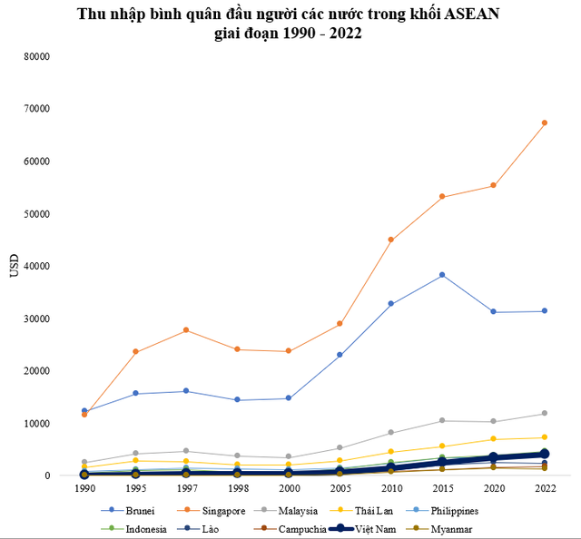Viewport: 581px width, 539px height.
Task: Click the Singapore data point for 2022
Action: pyautogui.click(x=545, y=122)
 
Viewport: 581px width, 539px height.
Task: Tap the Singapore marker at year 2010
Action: pyautogui.click(x=390, y=240)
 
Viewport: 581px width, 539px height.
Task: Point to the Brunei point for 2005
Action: pyautogui.click(x=340, y=355)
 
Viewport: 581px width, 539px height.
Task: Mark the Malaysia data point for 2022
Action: pyautogui.click(x=545, y=413)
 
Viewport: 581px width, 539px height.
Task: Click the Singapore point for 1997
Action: pyautogui.click(x=186, y=329)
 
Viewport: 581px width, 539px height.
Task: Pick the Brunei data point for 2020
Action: pyautogui.click(x=493, y=311)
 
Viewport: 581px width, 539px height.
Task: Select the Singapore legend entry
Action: pyautogui.click(x=215, y=511)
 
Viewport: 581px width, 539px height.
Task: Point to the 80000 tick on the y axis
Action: pyautogui.click(x=35, y=56)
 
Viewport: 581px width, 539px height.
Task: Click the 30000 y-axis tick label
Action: pyautogui.click(x=35, y=318)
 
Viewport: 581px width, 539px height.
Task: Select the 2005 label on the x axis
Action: pyautogui.click(x=340, y=487)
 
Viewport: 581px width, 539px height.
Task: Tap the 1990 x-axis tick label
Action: pyautogui.click(x=84, y=487)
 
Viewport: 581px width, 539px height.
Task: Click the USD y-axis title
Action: pyautogui.click(x=13, y=266)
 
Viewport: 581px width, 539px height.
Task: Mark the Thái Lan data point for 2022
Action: pyautogui.click(x=545, y=437)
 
